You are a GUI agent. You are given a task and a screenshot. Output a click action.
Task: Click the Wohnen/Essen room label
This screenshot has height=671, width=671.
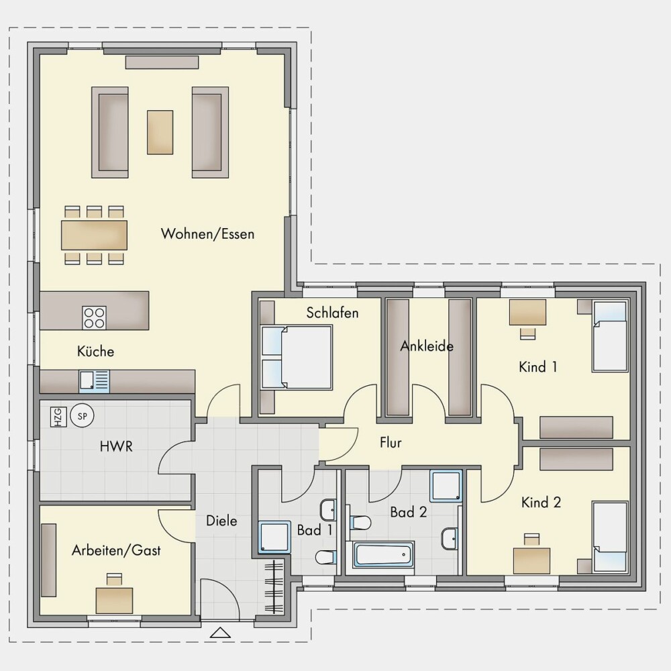tap(207, 234)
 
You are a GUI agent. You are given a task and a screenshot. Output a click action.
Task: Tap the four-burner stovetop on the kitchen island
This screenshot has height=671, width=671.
tap(94, 317)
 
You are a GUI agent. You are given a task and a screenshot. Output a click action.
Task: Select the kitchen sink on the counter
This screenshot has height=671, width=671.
tap(94, 381)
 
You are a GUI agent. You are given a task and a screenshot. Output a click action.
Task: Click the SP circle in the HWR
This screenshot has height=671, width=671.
tap(82, 415)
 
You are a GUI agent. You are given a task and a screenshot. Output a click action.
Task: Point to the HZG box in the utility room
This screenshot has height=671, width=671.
tap(58, 417)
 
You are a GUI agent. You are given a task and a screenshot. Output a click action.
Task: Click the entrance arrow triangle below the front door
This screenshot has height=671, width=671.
tap(220, 633)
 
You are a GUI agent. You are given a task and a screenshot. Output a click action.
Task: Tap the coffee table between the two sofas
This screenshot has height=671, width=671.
tap(160, 132)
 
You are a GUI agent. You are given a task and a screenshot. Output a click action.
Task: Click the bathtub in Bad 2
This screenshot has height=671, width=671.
tap(383, 555)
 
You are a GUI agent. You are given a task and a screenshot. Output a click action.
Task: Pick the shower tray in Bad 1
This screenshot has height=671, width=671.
tap(274, 537)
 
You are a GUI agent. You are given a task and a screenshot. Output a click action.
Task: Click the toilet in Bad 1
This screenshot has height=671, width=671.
tap(326, 557)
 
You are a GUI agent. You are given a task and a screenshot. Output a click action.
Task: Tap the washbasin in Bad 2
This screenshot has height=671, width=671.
tap(450, 538)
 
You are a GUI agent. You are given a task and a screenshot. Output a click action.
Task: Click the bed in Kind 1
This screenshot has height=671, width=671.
tap(610, 336)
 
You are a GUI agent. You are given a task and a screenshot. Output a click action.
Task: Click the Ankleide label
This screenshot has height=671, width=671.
tap(427, 346)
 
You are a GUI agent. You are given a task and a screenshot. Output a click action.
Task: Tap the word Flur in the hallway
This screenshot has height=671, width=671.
tap(391, 442)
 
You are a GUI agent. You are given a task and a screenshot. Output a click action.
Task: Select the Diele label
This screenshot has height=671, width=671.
tap(221, 521)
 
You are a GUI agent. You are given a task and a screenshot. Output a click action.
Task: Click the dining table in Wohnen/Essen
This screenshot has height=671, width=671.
tap(94, 235)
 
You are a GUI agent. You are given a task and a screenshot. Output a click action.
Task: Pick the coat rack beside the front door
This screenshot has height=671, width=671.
tap(274, 586)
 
